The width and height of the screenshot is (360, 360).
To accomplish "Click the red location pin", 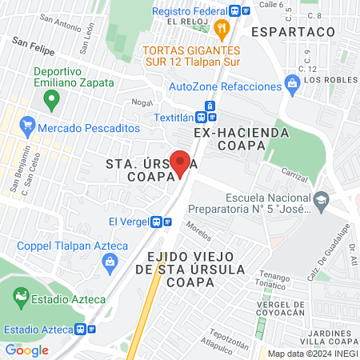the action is tap(181, 164).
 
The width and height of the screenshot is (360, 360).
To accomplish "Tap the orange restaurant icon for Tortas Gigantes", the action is tap(222, 30).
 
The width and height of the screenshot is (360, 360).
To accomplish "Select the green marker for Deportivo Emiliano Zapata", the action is tap(52, 101).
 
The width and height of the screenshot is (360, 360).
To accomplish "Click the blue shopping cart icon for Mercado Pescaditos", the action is tap(28, 126).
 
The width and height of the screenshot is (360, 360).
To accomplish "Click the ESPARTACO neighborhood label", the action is tap(291, 30).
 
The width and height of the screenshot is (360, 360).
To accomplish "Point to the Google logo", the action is tap(26, 350).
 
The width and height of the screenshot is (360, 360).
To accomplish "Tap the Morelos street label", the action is tap(199, 231).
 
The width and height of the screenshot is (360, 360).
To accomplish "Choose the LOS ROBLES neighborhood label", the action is tap(328, 81).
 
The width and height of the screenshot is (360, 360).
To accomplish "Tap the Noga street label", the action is tap(142, 102).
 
